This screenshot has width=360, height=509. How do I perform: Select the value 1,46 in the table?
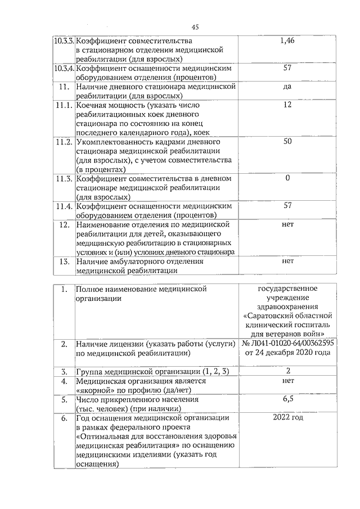[287, 41]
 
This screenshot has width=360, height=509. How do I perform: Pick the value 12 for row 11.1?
[287, 105]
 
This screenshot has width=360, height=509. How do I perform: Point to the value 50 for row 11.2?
[287, 141]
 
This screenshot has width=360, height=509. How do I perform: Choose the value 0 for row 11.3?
[287, 178]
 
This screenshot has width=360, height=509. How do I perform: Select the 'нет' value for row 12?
[287, 224]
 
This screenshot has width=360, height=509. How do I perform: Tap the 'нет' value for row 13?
[287, 261]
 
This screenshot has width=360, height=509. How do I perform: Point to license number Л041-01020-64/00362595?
[291, 343]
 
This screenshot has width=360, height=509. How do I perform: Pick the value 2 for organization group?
[287, 371]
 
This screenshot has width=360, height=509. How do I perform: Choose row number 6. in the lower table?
[64, 418]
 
